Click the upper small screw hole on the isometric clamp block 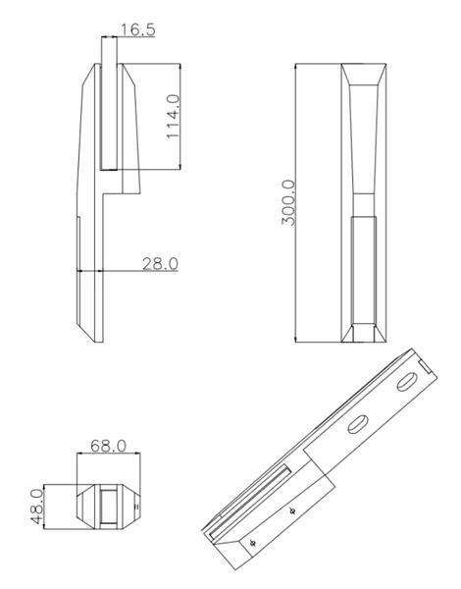coord(292,511)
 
